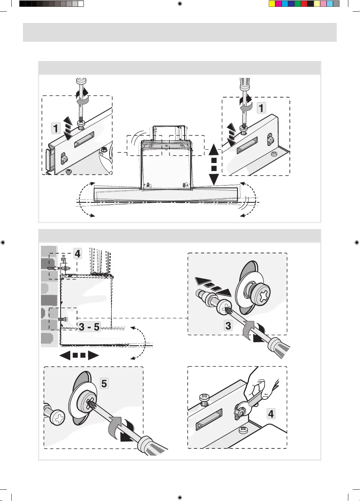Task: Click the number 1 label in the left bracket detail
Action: (x=56, y=128)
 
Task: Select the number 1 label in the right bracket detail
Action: (x=261, y=108)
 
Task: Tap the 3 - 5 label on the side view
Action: (x=89, y=327)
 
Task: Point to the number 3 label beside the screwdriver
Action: (x=228, y=325)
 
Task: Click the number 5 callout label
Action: (x=104, y=383)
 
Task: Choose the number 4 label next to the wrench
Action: (x=271, y=413)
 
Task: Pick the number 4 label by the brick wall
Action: (x=77, y=254)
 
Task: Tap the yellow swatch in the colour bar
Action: (x=272, y=4)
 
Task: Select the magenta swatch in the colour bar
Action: (x=278, y=4)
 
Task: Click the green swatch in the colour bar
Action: (x=297, y=4)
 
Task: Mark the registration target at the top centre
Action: (x=180, y=4)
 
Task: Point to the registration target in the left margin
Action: (x=3, y=242)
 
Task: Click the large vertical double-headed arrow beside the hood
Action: (x=214, y=164)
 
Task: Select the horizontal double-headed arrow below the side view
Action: (x=79, y=355)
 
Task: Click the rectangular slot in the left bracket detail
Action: (x=84, y=139)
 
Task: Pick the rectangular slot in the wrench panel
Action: (x=209, y=420)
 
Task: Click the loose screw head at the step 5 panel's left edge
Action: (x=57, y=416)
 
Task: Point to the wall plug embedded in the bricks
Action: (x=54, y=268)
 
